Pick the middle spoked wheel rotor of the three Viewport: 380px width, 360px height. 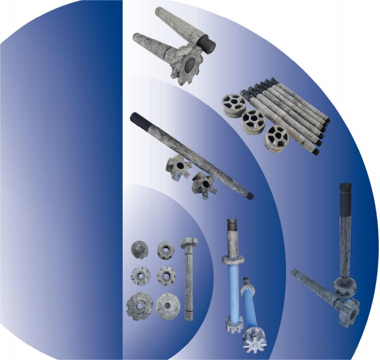tap(254, 120)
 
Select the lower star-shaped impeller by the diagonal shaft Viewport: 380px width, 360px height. tap(203, 183)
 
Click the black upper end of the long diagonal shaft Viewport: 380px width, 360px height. tap(135, 117)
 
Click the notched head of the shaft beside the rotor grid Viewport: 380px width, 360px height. tap(189, 243)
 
